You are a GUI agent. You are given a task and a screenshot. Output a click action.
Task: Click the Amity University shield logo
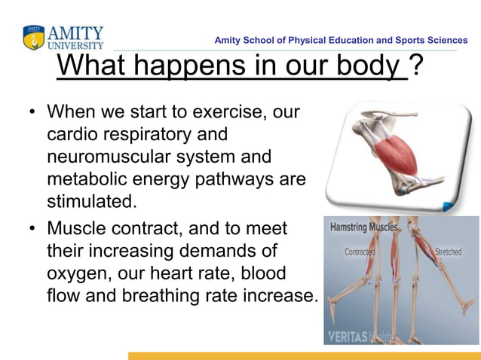[34, 38]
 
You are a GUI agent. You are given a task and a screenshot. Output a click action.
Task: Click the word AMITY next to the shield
[75, 33]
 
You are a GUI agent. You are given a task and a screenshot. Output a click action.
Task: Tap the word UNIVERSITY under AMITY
[75, 45]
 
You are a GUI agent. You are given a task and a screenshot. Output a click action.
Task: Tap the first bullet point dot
[32, 112]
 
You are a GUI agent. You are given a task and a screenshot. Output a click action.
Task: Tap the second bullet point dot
[32, 227]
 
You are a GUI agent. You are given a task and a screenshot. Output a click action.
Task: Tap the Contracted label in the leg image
[360, 252]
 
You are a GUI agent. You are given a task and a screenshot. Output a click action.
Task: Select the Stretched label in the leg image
[448, 252]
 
